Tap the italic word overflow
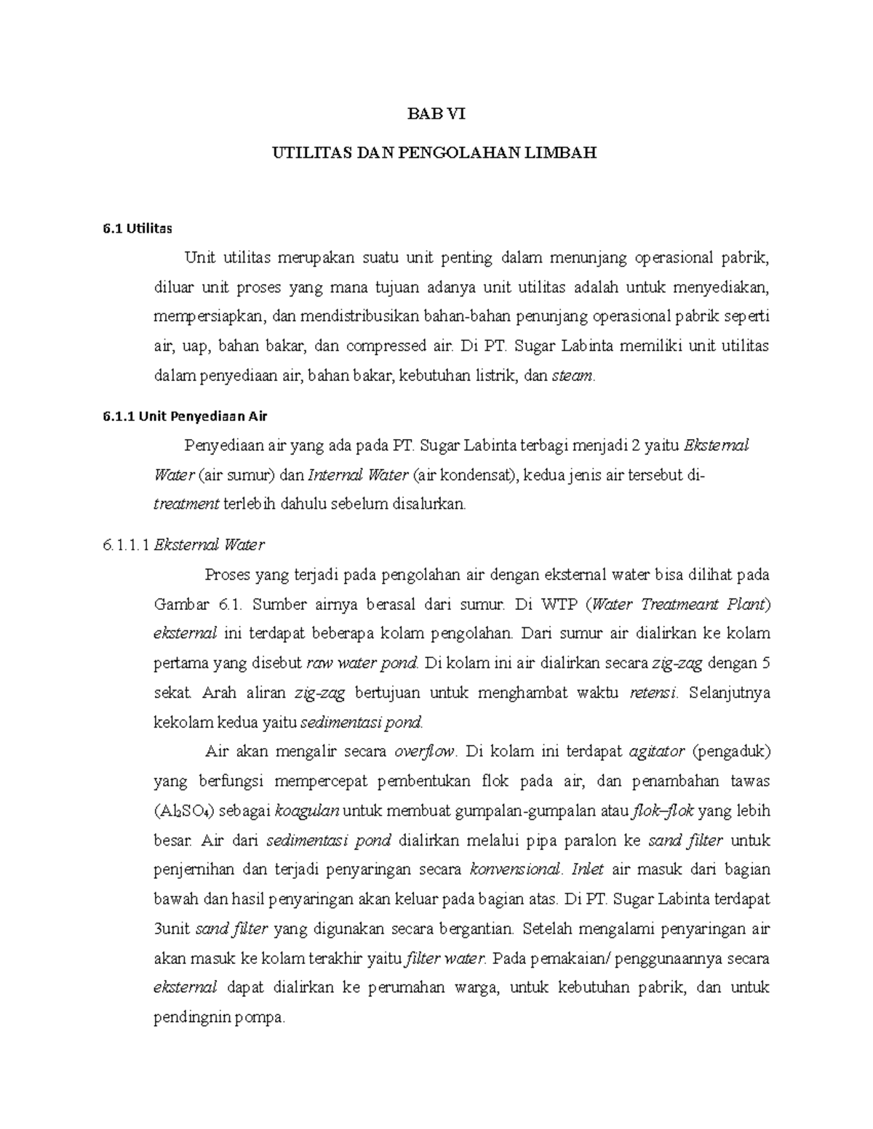424,751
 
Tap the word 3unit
172,929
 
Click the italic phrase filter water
444,959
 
